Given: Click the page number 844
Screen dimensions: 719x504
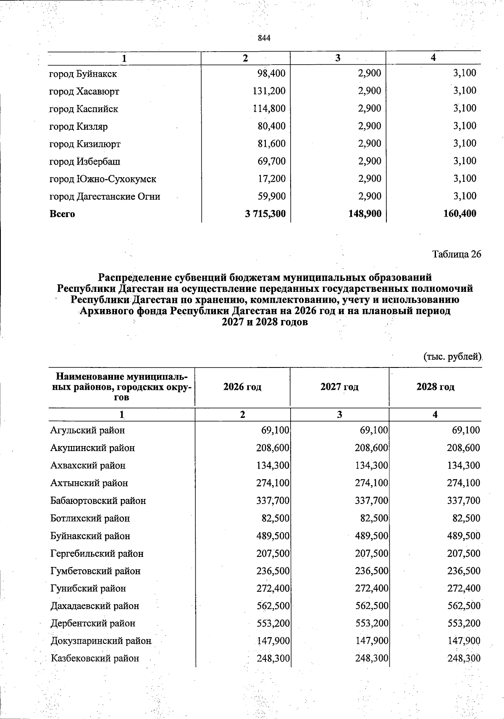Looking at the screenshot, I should [264, 38].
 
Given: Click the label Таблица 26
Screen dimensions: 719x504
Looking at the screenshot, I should [457, 255].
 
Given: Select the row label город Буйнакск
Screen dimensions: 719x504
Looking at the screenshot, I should [83, 74].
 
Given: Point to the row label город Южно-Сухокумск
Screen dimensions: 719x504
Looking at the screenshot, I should [103, 179].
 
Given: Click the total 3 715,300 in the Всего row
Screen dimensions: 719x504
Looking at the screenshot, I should [265, 214].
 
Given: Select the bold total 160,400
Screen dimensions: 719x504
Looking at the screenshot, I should [460, 214].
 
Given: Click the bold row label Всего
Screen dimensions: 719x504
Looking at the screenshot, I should [62, 214].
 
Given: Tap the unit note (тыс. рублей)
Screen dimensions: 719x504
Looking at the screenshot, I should [451, 357].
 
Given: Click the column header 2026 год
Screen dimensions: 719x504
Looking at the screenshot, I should [242, 387].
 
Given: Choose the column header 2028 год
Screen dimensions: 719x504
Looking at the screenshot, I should [435, 387].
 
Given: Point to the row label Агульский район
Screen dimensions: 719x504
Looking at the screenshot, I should [87, 430].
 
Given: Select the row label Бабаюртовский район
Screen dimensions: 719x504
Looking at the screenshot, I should [98, 501].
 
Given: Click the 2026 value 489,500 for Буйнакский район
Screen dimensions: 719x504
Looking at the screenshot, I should [273, 536].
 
